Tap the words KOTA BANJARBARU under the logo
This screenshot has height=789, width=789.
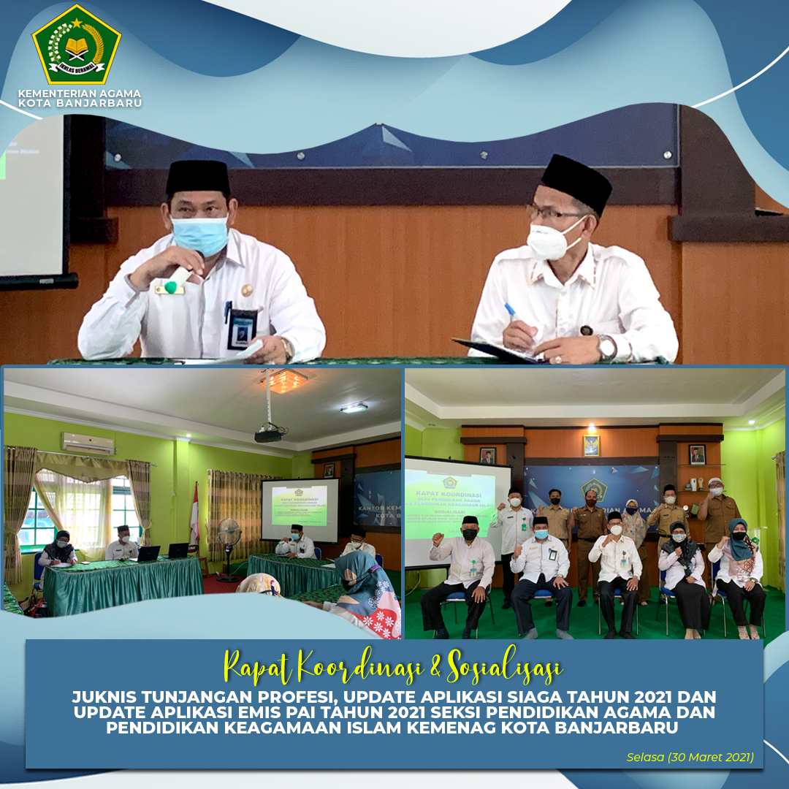pyautogui.click(x=80, y=103)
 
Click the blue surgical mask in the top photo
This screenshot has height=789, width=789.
pyautogui.click(x=199, y=235)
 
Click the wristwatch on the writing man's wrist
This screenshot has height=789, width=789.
pyautogui.click(x=606, y=346)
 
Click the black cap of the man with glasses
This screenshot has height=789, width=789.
pyautogui.click(x=576, y=181)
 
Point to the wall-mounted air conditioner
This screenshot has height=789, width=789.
pyautogui.click(x=88, y=443)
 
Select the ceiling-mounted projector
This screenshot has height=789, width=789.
pyautogui.click(x=269, y=435)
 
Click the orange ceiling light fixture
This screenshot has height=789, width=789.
pyautogui.click(x=284, y=380)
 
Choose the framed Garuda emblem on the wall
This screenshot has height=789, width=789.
pyautogui.click(x=591, y=446)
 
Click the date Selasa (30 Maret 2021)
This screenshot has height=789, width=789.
pyautogui.click(x=690, y=757)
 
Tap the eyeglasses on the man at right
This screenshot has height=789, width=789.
pyautogui.click(x=552, y=214)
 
